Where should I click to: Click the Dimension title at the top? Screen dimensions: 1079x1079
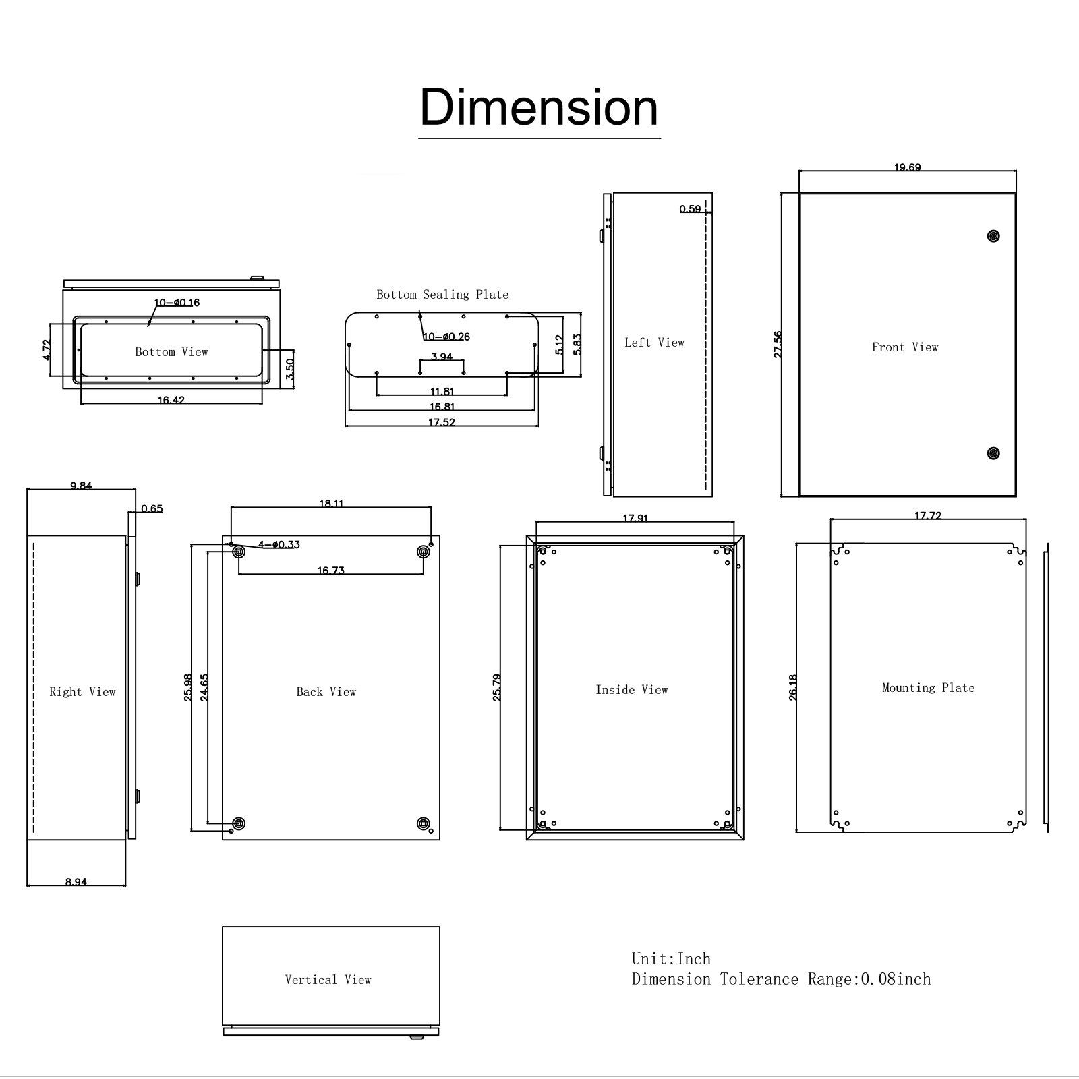point(539,107)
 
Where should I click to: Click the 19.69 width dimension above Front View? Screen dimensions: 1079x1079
point(907,167)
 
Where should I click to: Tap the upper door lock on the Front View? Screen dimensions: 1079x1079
point(992,235)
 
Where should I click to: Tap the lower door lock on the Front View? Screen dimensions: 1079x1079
point(992,453)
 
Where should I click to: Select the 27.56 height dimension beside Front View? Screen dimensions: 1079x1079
point(778,344)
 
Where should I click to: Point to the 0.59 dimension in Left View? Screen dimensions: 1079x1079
point(690,209)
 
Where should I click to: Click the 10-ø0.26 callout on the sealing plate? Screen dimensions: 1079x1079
point(446,337)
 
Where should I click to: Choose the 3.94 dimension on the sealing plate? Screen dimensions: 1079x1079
point(442,357)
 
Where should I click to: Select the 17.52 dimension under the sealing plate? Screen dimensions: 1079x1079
point(442,423)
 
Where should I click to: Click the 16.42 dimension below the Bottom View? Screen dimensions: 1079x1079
point(171,400)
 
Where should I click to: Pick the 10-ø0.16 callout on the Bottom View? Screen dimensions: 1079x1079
point(177,303)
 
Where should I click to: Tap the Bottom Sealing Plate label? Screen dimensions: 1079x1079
point(442,295)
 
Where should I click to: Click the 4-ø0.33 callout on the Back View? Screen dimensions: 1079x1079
point(279,544)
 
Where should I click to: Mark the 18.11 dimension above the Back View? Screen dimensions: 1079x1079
point(331,503)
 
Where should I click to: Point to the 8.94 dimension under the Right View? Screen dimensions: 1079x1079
point(76,881)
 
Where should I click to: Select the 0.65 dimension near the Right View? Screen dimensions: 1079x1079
point(152,508)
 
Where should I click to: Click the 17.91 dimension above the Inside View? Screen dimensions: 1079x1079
point(635,518)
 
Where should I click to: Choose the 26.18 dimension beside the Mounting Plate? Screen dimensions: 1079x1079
point(792,688)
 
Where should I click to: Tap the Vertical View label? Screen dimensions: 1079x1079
point(328,980)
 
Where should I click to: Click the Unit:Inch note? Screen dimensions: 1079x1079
point(671,959)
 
